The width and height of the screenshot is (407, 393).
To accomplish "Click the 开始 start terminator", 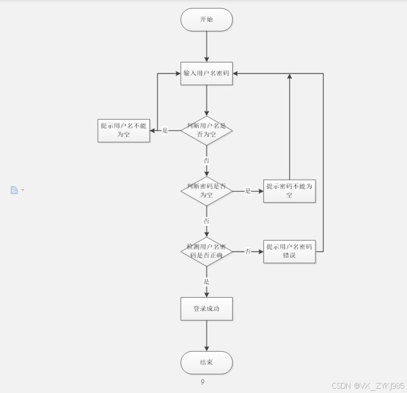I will (207, 20).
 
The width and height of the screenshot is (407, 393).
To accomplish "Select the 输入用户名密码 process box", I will (207, 74).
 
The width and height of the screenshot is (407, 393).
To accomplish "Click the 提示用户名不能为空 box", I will (123, 130).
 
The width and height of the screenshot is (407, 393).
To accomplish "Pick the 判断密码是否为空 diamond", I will (207, 190).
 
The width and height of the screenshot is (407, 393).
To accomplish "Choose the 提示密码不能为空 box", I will (289, 190).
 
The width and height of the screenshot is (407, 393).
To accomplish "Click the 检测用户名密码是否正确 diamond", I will (207, 251).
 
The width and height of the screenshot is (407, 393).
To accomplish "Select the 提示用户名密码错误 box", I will (289, 251).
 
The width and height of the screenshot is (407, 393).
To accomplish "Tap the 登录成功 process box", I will (207, 309).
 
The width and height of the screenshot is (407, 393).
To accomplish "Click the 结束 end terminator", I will (207, 363).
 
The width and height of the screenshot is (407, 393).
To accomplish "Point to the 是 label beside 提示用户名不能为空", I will (165, 130).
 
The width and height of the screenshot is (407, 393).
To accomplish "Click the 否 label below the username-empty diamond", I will (207, 160).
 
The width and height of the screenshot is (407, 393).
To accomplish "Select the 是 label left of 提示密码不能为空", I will (248, 190).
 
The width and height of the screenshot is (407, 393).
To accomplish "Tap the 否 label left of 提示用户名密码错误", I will (248, 251).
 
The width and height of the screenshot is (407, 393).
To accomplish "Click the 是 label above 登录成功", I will (207, 281).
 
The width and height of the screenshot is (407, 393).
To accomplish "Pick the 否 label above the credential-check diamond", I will (207, 220).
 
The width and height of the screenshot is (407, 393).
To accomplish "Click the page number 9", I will (202, 382).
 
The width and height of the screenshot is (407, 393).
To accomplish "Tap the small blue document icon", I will (14, 190).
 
